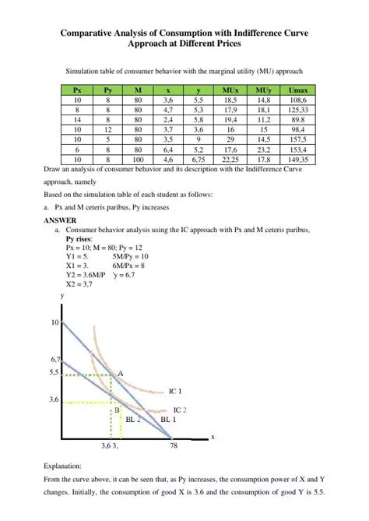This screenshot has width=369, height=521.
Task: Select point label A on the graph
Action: [120, 374]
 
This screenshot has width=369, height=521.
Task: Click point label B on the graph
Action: [116, 409]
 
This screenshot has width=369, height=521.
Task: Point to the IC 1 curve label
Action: [175, 391]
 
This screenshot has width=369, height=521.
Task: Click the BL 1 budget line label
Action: [168, 419]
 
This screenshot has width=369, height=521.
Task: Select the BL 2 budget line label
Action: [133, 419]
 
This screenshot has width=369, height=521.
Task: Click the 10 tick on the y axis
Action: [54, 322]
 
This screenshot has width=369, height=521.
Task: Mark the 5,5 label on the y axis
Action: [53, 373]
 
